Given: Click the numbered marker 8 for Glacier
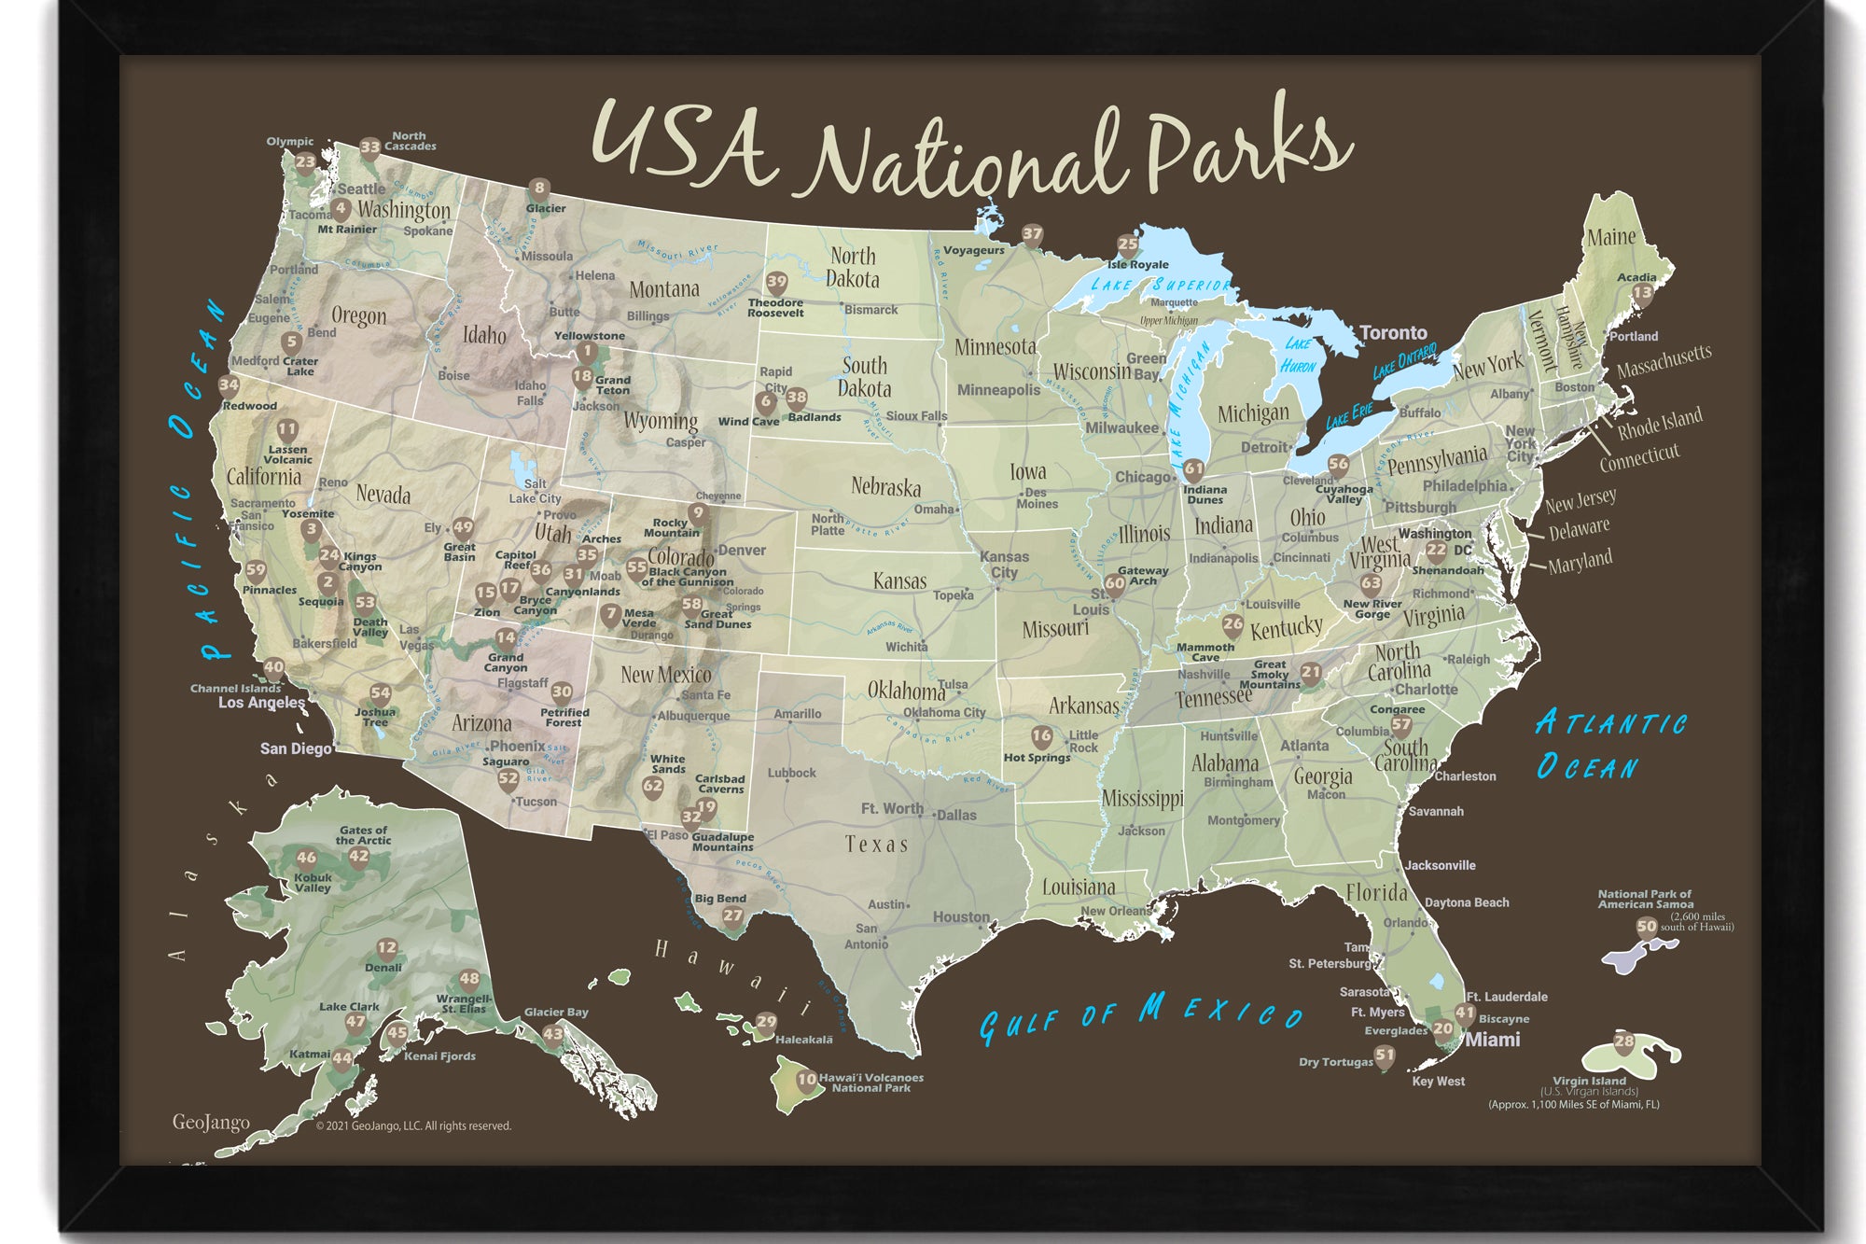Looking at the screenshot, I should coord(538,189).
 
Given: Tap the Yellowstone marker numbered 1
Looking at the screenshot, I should coord(586,352).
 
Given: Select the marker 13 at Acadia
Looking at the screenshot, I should coord(1641,293).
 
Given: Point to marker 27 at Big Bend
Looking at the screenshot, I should coord(732,916).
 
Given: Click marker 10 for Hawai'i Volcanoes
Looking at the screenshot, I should coord(807,1080).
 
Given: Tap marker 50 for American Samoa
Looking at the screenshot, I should coord(1647,927).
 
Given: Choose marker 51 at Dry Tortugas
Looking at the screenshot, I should coord(1386,1055).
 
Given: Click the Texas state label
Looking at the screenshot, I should coord(876,845).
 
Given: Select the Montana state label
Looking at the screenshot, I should coord(663,289).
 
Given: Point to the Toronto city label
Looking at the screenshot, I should coord(1393,333).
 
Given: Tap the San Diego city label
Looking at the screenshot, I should coord(296,748).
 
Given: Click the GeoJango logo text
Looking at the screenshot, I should coord(211,1122).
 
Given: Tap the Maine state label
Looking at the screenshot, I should coord(1611,237).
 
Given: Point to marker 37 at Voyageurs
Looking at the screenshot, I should coord(1032,234).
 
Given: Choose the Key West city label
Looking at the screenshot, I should coord(1438,1082).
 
